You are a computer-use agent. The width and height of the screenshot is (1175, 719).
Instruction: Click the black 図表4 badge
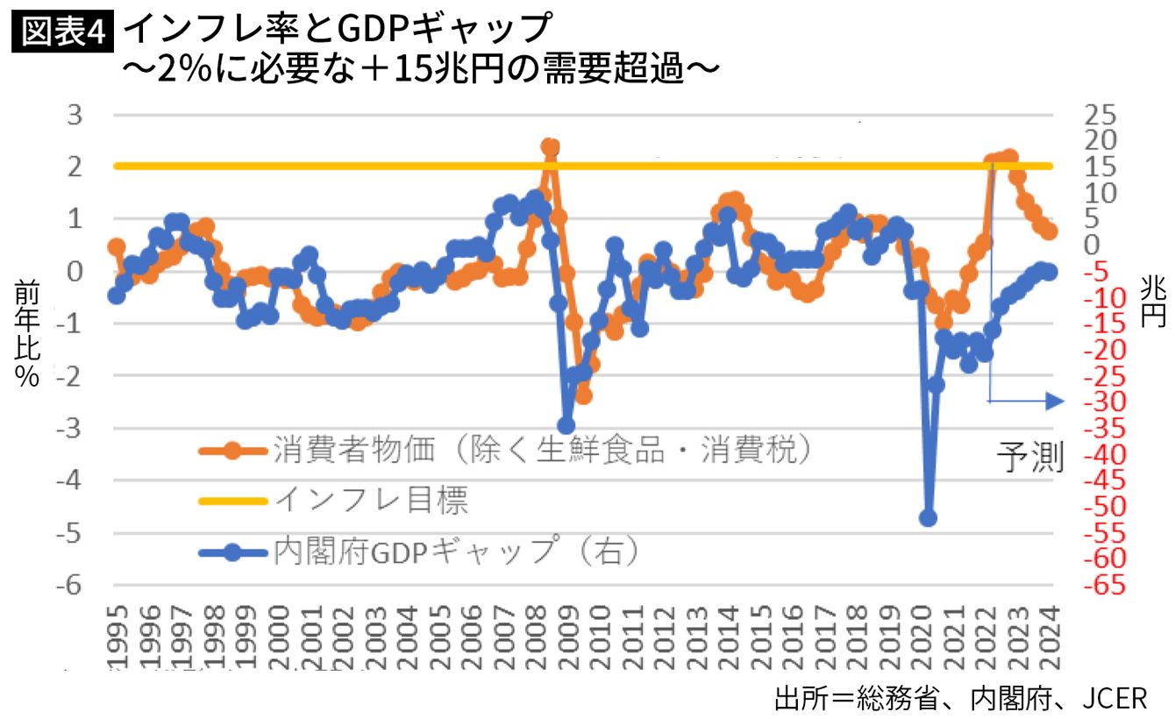pos(62,32)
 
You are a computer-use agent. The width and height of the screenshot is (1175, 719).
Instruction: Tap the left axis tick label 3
pos(75,115)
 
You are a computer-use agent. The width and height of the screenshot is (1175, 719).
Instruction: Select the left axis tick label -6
pos(70,585)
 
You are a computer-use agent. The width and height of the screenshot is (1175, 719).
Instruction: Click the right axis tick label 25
pos(1100,115)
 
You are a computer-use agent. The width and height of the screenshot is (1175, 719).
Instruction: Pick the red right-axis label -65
pos(1105,585)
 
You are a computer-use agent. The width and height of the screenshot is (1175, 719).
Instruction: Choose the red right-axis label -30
pos(1105,402)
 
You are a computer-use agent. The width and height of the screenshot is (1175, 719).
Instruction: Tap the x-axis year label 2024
pos(1050,637)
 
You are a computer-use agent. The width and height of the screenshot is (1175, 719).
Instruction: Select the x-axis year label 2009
pos(568,637)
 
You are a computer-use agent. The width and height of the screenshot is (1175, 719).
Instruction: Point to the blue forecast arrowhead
pos(1055,402)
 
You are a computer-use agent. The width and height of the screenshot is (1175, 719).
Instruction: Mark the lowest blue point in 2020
pos(928,518)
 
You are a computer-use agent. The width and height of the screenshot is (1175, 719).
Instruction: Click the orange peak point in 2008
pos(550,146)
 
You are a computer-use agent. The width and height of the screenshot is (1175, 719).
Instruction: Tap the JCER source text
pos(1114,699)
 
